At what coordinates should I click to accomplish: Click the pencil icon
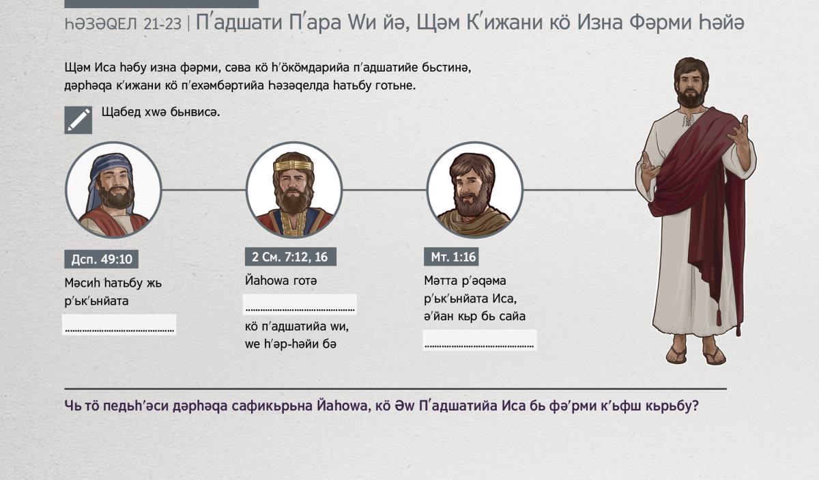pyautogui.click(x=78, y=120)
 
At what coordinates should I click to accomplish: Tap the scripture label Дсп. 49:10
pyautogui.click(x=101, y=259)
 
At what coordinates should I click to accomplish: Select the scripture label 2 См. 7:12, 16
pyautogui.click(x=291, y=257)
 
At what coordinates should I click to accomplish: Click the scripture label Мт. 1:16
pyautogui.click(x=451, y=257)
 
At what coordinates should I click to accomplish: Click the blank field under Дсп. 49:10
pyautogui.click(x=119, y=324)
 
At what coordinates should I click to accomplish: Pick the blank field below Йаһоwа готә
pyautogui.click(x=300, y=305)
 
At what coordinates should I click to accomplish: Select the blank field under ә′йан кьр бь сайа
pyautogui.click(x=480, y=340)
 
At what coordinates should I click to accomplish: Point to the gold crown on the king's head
pyautogui.click(x=293, y=166)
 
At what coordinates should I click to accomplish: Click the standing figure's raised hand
pyautogui.click(x=738, y=132)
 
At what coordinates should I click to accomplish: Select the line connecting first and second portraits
pyautogui.click(x=203, y=190)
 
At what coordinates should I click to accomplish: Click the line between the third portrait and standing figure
pyautogui.click(x=580, y=190)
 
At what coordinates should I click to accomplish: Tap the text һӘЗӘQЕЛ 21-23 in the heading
pyautogui.click(x=123, y=24)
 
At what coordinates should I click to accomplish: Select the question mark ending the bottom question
pyautogui.click(x=695, y=406)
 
